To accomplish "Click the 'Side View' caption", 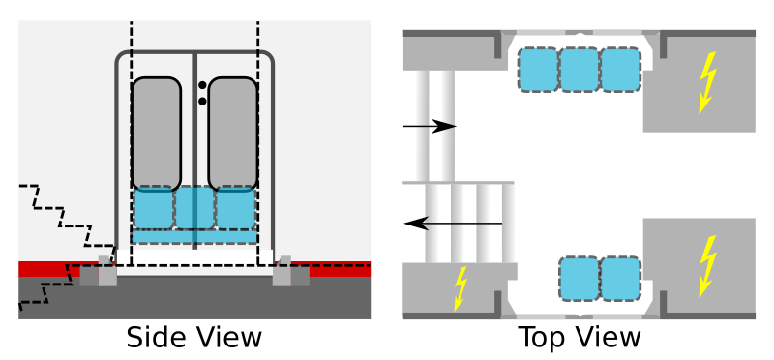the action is click(194, 338).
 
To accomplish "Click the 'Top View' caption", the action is click(580, 338).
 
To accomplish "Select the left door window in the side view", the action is click(157, 134).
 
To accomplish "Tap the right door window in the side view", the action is click(233, 134).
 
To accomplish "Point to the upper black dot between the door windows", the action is click(202, 85).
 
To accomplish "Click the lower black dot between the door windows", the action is click(202, 102).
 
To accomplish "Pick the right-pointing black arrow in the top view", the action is click(430, 127).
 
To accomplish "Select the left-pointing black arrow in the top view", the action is click(453, 224).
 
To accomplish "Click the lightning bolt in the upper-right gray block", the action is click(708, 83).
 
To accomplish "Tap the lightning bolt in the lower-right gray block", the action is click(708, 267).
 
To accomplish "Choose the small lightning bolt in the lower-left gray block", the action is click(461, 289).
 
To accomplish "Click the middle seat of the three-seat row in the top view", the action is click(580, 70).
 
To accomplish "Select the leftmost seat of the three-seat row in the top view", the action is click(539, 70).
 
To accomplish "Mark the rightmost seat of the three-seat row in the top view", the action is click(621, 70).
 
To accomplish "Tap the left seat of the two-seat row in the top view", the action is click(580, 279).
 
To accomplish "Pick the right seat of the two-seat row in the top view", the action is click(621, 279).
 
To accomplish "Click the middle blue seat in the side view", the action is click(195, 207).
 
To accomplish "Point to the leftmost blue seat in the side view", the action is click(154, 207).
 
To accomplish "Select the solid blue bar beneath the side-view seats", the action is click(194, 236).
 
